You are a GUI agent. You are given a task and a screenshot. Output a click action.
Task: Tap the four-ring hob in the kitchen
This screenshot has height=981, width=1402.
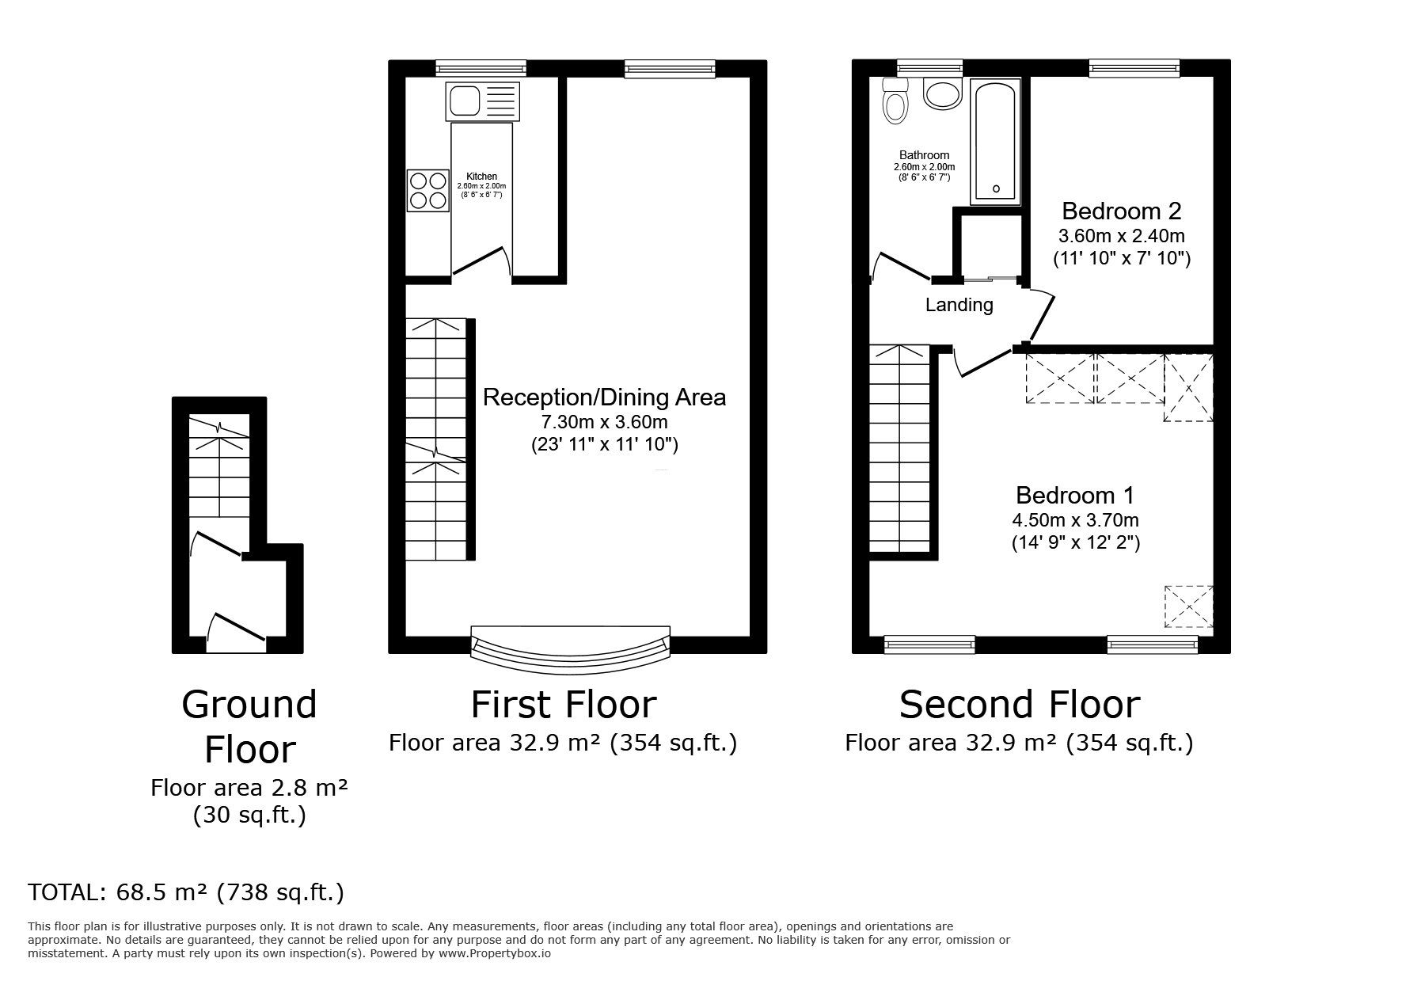click(x=427, y=191)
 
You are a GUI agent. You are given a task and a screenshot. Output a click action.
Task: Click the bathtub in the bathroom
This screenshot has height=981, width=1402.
click(x=996, y=141)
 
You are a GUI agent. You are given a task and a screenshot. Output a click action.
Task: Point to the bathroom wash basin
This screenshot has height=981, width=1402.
click(x=943, y=94)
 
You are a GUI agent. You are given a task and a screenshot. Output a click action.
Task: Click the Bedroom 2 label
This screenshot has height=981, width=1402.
click(x=1121, y=211)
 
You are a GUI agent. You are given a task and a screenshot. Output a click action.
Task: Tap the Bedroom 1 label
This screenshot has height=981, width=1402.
click(x=1075, y=496)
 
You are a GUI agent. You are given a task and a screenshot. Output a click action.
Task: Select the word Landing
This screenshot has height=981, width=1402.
click(x=959, y=305)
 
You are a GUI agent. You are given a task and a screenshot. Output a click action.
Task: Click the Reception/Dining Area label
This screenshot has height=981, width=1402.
click(x=604, y=397)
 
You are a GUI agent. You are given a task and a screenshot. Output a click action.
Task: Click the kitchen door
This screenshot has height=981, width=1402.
click(x=480, y=262)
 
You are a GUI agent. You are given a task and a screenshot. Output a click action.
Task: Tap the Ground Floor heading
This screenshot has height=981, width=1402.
click(x=249, y=727)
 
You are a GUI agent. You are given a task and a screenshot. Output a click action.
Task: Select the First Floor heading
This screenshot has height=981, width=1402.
click(x=564, y=704)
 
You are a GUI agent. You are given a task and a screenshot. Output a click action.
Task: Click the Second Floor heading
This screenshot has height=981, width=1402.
click(x=1020, y=704)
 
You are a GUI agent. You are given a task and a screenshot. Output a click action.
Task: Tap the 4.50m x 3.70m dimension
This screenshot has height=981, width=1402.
click(x=1075, y=520)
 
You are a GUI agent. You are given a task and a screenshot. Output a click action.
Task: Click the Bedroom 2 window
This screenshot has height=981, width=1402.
click(x=1134, y=69)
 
